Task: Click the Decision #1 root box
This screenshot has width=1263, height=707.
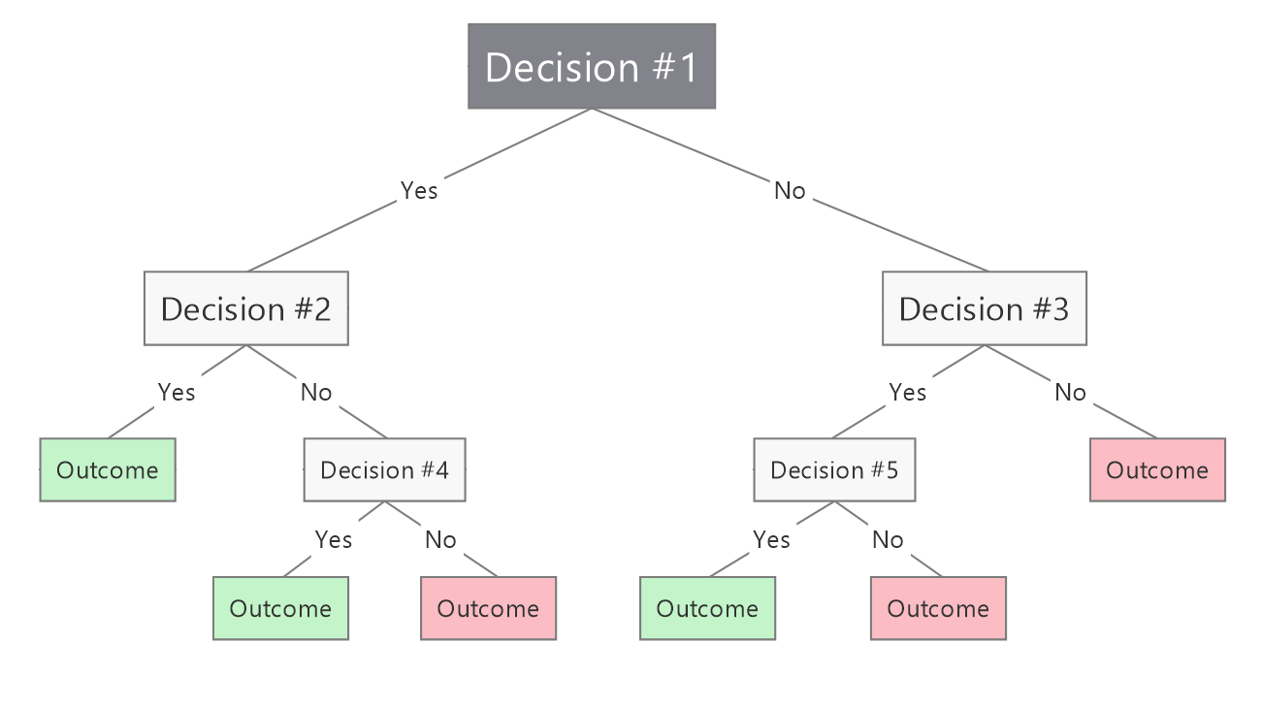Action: tap(592, 67)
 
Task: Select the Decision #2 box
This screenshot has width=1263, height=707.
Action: tap(245, 308)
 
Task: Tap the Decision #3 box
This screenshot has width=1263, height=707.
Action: tap(984, 308)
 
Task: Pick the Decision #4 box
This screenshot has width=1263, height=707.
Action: tap(384, 470)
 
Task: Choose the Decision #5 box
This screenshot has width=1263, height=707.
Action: tap(834, 470)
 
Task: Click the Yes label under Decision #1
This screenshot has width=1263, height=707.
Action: tap(419, 191)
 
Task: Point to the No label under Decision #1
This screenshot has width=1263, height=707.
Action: tap(790, 191)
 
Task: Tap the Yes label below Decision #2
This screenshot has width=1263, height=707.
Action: tap(177, 393)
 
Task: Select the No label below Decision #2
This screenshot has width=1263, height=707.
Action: tap(316, 393)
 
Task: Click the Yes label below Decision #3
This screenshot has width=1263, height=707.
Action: tap(908, 393)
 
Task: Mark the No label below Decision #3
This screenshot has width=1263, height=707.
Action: tap(1070, 393)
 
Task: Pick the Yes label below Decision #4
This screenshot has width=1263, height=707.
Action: tap(334, 539)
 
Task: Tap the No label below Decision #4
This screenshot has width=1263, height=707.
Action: tap(440, 539)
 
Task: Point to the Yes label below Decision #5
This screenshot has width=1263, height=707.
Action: tap(772, 539)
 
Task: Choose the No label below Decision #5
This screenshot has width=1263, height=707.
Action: tap(888, 539)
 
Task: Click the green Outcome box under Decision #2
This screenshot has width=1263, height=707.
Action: tap(107, 470)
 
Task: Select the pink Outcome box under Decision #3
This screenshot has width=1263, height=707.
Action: tap(1157, 470)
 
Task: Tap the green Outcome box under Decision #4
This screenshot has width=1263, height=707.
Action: tap(280, 609)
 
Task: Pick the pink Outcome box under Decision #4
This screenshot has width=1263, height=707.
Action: tap(488, 609)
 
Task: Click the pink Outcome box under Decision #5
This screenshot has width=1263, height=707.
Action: tap(938, 609)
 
